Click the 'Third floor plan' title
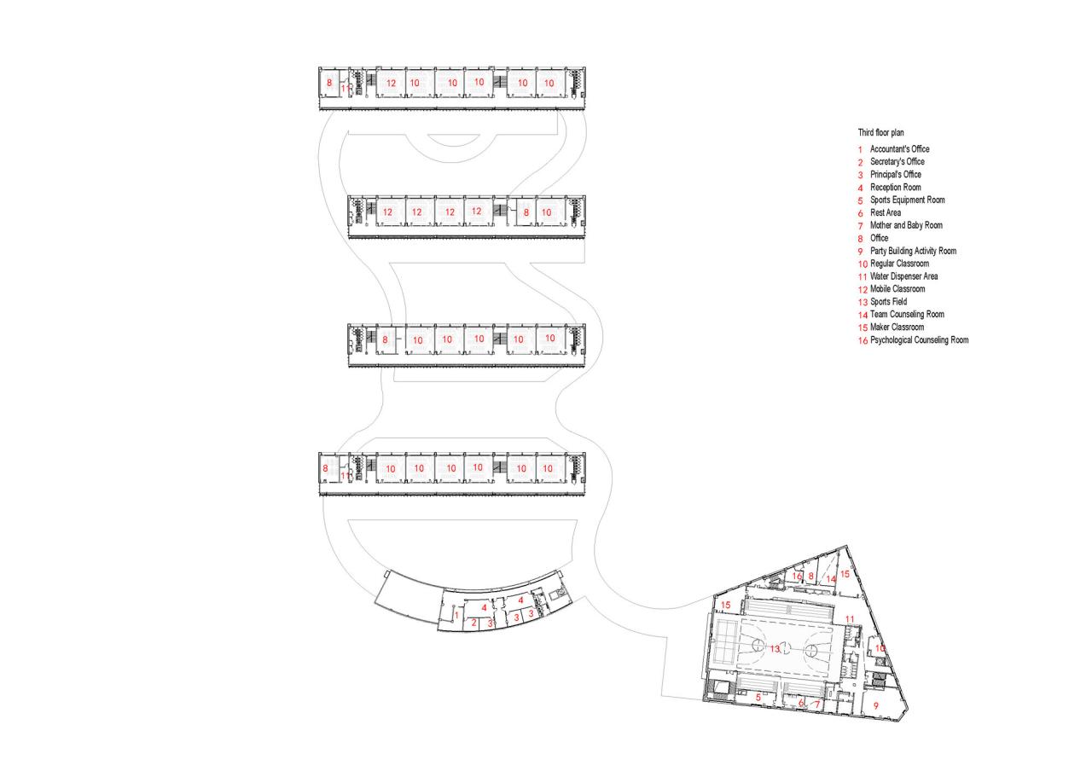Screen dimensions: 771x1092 (x=881, y=133)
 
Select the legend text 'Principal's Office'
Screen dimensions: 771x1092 (x=895, y=174)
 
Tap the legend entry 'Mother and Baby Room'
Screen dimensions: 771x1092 (x=906, y=225)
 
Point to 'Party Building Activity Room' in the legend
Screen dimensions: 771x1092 (x=913, y=251)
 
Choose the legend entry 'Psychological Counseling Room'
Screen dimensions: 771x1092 (x=919, y=340)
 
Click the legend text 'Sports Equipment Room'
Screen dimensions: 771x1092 (x=907, y=200)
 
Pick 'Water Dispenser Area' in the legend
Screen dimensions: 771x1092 (x=904, y=276)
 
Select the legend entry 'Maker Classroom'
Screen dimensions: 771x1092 (x=897, y=328)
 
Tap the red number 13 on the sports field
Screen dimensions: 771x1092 (x=775, y=649)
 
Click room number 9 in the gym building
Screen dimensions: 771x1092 (x=876, y=706)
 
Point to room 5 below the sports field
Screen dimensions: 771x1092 (x=758, y=698)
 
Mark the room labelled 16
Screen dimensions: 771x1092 (x=796, y=577)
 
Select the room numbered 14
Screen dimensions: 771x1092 (x=830, y=579)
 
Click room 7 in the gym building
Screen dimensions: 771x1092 (x=816, y=704)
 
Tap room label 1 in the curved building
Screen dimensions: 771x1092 (x=456, y=615)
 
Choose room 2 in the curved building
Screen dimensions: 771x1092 (x=473, y=623)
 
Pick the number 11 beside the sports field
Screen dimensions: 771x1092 (x=850, y=618)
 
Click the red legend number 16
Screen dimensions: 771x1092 (x=863, y=340)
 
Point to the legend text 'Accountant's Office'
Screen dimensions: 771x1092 (x=899, y=148)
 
